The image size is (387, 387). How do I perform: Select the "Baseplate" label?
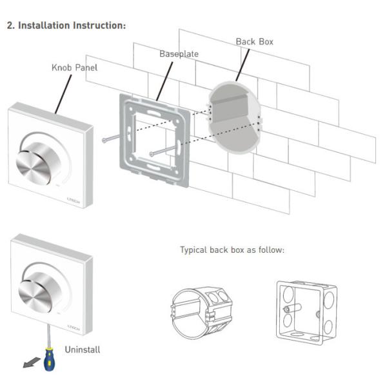(179, 54)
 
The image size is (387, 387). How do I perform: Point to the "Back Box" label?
(254, 41)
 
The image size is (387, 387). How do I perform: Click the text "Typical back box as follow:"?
(232, 250)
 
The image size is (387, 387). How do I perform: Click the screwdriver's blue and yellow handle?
(48, 360)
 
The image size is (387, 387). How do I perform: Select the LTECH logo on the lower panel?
(73, 327)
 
